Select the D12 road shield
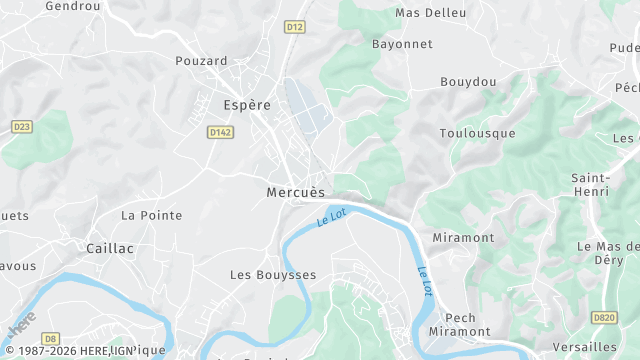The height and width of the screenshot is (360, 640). [294, 27]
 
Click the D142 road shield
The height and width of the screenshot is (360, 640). [220, 132]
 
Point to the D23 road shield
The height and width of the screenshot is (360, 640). [21, 126]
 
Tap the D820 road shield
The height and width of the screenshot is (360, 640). [603, 318]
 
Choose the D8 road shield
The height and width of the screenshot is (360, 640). [50, 339]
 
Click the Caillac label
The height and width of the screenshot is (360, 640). [110, 248]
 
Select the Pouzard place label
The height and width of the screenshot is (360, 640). [201, 61]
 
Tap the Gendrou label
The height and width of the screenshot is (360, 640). [74, 6]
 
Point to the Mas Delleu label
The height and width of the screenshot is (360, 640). [431, 13]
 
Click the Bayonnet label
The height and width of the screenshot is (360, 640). [402, 45]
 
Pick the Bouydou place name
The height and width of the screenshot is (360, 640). [468, 81]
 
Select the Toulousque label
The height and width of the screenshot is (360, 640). [477, 133]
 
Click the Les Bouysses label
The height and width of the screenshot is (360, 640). [273, 274]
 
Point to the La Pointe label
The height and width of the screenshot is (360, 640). [151, 215]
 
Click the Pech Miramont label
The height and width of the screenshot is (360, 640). [460, 324]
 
